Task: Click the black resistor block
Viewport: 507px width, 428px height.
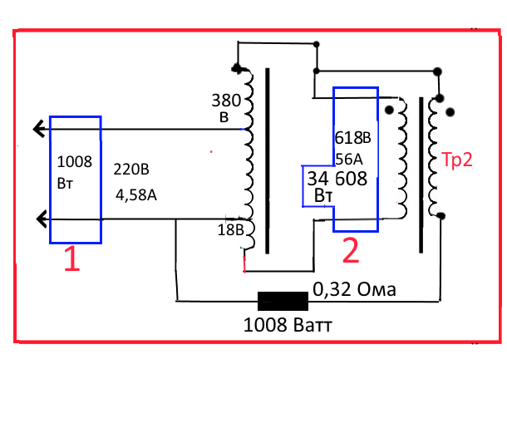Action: click(x=282, y=300)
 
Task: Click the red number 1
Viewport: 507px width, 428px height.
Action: click(x=72, y=260)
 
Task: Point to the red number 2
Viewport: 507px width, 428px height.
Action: click(x=351, y=251)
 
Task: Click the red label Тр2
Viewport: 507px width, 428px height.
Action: click(x=456, y=160)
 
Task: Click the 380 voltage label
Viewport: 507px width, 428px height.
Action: click(x=227, y=102)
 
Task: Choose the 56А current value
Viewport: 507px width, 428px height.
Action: click(x=350, y=158)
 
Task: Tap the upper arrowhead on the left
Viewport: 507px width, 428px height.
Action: click(x=38, y=129)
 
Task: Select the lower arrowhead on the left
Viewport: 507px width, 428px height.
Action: click(x=38, y=219)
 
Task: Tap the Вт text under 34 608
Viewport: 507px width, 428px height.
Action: click(x=324, y=196)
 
